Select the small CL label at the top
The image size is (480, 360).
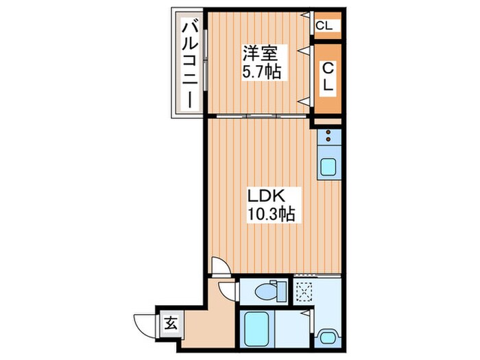[324, 26]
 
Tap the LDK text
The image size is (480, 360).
[266, 196]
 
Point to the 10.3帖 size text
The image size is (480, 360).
[271, 214]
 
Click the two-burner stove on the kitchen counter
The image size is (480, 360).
[328, 136]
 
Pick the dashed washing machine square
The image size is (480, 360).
[304, 292]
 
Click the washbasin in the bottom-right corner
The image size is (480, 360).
[327, 337]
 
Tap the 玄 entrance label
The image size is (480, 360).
[171, 324]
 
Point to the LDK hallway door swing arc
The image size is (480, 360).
[221, 265]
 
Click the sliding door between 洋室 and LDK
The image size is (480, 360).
[262, 116]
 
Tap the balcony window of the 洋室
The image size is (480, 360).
[206, 60]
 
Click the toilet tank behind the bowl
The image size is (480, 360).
[281, 291]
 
